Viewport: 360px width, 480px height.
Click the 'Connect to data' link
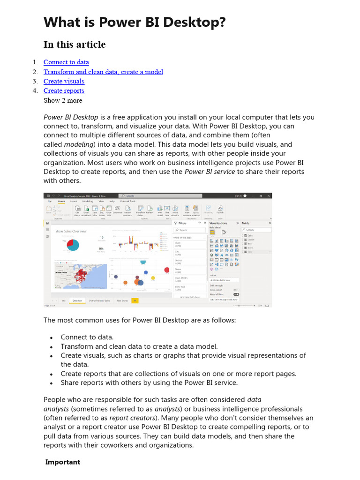tap(66, 62)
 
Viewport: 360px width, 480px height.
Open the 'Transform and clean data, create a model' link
tap(103, 72)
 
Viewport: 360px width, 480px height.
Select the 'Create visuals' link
tap(64, 81)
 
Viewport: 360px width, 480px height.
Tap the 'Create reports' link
tap(64, 90)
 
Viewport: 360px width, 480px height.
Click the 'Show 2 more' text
tap(63, 100)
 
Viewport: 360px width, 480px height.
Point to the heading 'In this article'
tap(75, 45)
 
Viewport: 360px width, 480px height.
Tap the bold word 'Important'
tap(62, 462)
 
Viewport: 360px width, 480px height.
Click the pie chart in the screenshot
tap(73, 244)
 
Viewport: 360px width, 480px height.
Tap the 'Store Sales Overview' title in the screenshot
tap(71, 232)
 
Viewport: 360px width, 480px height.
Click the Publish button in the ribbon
tap(220, 210)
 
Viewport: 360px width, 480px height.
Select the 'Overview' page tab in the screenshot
tap(77, 300)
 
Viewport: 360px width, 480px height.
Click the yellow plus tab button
tap(135, 300)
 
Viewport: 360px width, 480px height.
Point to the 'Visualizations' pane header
tap(218, 224)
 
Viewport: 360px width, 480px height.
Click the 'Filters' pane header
tap(182, 224)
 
